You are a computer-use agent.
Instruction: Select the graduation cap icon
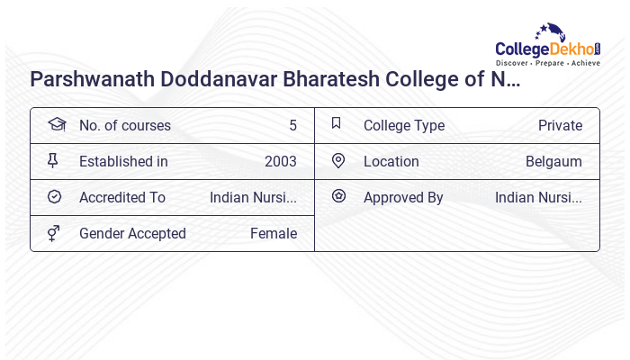[x=56, y=124]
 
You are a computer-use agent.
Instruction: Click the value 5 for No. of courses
[x=292, y=125]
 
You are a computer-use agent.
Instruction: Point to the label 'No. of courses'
[x=124, y=125]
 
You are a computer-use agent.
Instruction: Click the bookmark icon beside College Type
[x=337, y=123]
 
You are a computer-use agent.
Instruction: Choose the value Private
[x=560, y=125]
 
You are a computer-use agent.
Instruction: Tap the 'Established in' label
[x=123, y=161]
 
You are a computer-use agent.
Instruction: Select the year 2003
[x=281, y=161]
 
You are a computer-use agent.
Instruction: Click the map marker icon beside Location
[x=338, y=160]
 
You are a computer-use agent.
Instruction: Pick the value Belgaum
[x=553, y=161]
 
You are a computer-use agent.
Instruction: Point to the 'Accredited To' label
[x=122, y=197]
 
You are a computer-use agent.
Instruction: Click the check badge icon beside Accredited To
[x=54, y=196]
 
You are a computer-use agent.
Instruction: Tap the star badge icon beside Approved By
[x=338, y=195]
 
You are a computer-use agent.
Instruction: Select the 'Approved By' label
[x=403, y=197]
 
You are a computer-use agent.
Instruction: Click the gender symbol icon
[x=53, y=233]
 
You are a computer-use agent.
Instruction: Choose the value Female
[x=274, y=233]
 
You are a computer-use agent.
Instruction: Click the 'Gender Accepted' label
[x=132, y=233]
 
